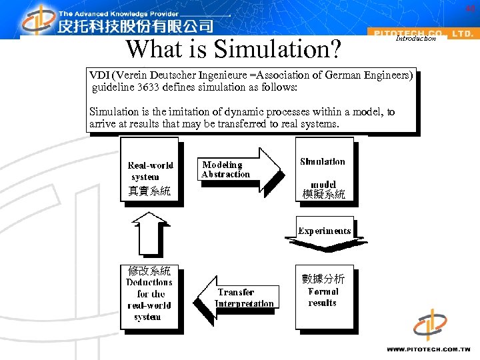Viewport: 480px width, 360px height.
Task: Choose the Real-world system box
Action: click(150, 172)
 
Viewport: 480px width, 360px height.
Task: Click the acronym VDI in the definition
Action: click(101, 75)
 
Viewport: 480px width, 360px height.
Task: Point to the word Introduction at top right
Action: click(415, 39)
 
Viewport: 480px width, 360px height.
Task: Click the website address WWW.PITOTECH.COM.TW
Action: click(429, 349)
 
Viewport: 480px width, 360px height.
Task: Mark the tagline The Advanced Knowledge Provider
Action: click(119, 13)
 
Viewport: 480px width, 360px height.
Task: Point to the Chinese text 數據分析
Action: click(323, 279)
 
